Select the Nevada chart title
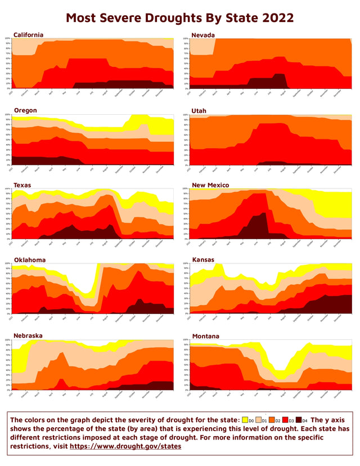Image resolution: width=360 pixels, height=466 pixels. point(202,35)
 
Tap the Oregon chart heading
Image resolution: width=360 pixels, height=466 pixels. point(26,110)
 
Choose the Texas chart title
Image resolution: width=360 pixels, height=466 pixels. point(23,185)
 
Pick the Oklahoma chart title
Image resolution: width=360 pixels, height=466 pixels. point(30,260)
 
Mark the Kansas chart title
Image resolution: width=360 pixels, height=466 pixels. point(201,260)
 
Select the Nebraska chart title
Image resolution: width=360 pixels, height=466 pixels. point(29,335)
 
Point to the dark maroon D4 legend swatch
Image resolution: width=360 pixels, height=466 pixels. point(300,420)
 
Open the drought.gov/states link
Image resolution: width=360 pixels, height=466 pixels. point(125,446)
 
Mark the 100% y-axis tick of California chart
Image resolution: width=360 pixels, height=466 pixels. point(8,39)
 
